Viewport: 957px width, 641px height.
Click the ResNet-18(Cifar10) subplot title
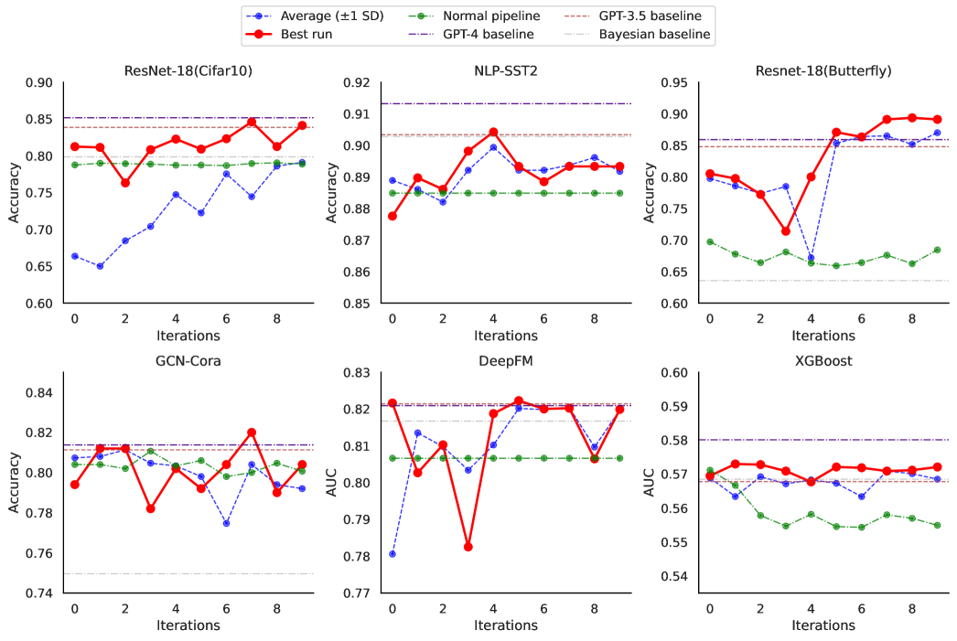[188, 69]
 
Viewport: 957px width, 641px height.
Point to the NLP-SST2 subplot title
[506, 69]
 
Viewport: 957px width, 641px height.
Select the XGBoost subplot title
[823, 360]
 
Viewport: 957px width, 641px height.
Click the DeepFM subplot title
[506, 360]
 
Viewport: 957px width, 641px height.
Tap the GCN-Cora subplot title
[188, 360]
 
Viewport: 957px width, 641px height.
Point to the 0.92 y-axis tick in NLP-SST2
[357, 82]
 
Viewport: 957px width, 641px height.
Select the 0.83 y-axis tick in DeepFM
[357, 373]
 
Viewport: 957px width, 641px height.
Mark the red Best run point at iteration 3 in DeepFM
[468, 547]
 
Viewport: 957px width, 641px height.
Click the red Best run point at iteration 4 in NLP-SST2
[493, 132]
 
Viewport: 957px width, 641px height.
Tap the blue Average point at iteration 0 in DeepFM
[392, 554]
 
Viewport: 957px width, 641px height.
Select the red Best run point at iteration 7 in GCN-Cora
[252, 433]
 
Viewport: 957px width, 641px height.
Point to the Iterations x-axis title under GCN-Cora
[188, 625]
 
